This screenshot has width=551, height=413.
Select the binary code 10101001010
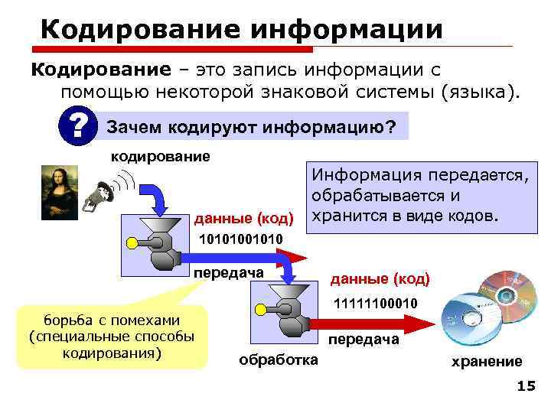[x=240, y=240]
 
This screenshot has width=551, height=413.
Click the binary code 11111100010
[x=375, y=304]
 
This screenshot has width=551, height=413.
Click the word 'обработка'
[x=279, y=359]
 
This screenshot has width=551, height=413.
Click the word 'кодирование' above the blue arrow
[x=161, y=156]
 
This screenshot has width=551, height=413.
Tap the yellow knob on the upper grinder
[x=132, y=244]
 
